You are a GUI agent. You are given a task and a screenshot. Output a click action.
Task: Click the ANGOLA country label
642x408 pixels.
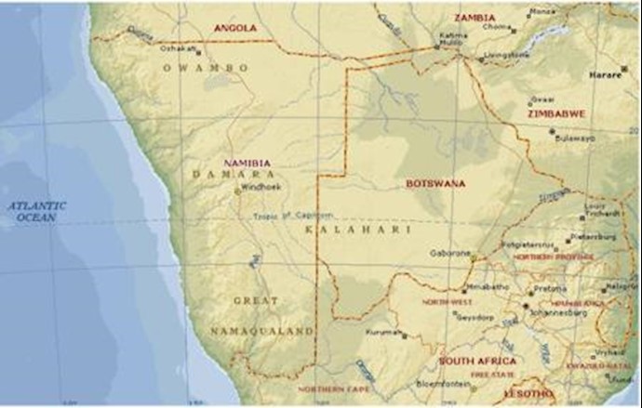234,29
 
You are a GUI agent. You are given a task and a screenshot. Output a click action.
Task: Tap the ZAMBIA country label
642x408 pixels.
475,18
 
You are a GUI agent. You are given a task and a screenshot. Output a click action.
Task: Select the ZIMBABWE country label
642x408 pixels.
556,113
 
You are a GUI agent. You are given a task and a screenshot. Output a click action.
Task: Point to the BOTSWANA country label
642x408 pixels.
435,184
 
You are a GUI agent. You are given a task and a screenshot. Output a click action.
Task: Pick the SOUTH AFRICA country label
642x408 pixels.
477,361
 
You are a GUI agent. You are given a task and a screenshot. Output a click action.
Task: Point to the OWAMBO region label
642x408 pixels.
205,68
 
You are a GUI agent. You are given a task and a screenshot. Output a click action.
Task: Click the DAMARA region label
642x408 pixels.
233,174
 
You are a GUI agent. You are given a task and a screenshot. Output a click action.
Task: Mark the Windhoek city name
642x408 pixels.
261,187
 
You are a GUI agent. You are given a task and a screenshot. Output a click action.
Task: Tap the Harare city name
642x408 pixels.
609,74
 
